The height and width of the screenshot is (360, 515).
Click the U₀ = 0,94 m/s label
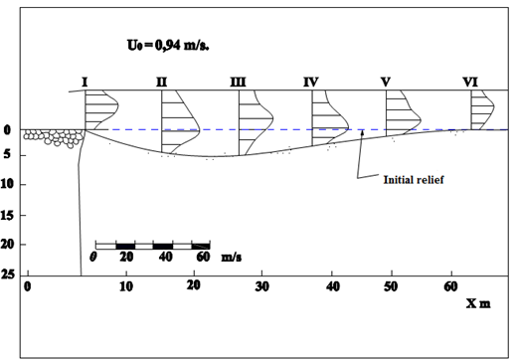168,45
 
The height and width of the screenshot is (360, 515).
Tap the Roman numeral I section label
85,82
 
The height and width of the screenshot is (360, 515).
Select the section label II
162,82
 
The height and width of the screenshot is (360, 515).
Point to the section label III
238,82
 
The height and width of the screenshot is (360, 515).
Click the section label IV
311,82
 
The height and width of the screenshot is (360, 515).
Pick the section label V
386,82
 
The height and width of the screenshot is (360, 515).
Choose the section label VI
470,82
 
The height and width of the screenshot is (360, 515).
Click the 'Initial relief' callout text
414,180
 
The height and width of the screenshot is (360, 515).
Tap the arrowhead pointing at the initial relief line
362,132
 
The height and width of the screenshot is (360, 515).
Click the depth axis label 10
7,184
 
